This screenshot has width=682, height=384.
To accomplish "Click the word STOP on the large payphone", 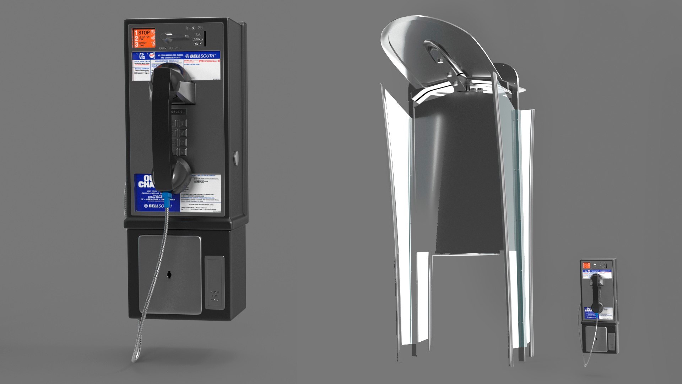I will (144, 32).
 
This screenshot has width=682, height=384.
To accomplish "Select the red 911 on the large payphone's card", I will (201, 61).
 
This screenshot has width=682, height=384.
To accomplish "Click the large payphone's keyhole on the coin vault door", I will (169, 274).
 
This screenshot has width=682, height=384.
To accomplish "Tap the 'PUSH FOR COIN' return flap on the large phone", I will (215, 282).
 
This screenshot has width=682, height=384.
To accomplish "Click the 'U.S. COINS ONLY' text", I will (197, 39).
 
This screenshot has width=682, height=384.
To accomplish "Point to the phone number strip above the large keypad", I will (177, 112).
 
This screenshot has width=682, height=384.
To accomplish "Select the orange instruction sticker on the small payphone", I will (586, 265).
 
